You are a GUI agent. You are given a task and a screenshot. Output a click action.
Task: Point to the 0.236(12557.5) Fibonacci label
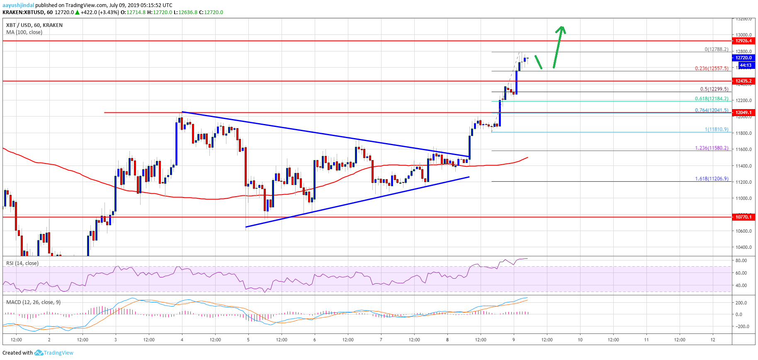(x=712, y=68)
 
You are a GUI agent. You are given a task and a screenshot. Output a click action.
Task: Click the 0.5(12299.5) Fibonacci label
(x=714, y=89)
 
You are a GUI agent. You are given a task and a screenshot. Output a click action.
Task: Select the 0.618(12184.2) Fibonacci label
(x=712, y=99)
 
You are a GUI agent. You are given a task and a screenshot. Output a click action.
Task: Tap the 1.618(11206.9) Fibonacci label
(x=712, y=179)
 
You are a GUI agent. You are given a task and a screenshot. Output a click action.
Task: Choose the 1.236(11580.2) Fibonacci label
(x=712, y=148)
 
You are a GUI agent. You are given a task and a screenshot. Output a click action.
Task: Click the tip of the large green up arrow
(x=562, y=27)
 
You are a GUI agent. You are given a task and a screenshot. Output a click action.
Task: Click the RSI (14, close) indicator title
(x=22, y=263)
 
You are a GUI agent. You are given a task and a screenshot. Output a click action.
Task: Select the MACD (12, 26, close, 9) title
(x=34, y=302)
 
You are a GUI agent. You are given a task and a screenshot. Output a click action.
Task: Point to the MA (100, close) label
(x=24, y=32)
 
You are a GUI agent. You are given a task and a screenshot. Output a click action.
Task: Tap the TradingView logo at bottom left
(x=54, y=353)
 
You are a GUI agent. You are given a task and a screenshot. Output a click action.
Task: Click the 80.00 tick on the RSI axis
(x=741, y=260)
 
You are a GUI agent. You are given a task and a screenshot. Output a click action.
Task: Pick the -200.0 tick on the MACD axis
(x=741, y=326)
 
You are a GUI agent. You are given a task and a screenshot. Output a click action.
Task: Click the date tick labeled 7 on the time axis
(x=381, y=340)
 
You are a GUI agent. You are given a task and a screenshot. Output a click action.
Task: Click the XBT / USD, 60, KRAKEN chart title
(x=34, y=25)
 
